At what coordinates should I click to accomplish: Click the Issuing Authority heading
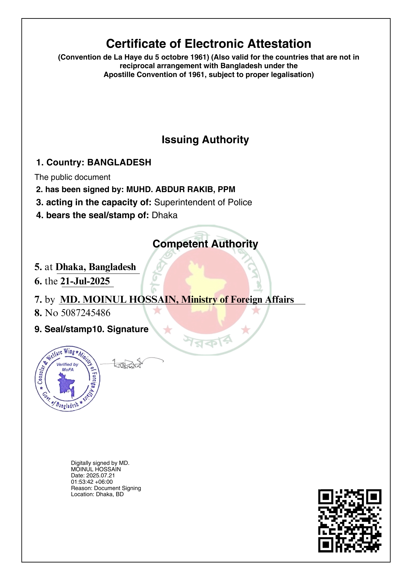tap(205, 140)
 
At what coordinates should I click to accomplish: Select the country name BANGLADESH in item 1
tap(119, 162)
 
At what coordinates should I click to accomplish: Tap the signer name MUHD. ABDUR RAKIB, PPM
tap(180, 189)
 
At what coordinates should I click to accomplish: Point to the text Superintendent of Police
tap(203, 202)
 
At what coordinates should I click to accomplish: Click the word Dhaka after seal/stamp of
tap(164, 215)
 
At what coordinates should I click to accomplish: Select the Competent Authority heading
tap(205, 244)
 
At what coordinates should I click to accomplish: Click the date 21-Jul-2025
tap(85, 281)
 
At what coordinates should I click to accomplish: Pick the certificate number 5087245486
tap(86, 313)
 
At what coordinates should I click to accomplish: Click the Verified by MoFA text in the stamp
tap(67, 367)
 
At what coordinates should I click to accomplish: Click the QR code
tap(350, 521)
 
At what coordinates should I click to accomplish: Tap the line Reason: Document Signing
tap(106, 488)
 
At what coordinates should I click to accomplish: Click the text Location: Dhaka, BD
tap(97, 494)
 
